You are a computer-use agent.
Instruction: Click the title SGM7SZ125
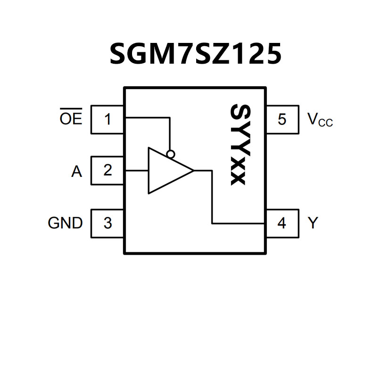click(195, 54)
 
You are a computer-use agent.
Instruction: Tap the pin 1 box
click(108, 119)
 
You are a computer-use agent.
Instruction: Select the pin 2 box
click(108, 170)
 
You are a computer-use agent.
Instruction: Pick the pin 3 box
click(108, 223)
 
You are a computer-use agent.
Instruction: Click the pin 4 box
click(282, 223)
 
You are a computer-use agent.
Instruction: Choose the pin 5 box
click(282, 119)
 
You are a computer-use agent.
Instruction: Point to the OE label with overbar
click(71, 118)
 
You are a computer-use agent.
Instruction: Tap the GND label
click(65, 223)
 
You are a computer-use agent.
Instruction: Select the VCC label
click(320, 120)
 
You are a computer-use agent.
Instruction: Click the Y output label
click(313, 223)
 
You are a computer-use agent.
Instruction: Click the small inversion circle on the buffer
click(171, 154)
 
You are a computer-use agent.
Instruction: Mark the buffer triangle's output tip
click(193, 170)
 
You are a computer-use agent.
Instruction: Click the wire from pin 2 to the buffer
click(137, 170)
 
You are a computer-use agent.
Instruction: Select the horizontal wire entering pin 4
click(238, 223)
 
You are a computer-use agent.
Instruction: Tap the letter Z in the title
click(227, 54)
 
